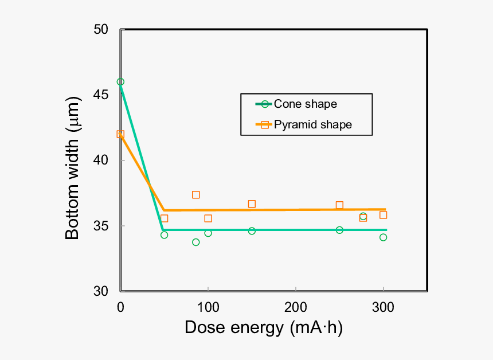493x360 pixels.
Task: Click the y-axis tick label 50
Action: pyautogui.click(x=101, y=29)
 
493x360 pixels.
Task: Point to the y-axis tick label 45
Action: pyautogui.click(x=101, y=95)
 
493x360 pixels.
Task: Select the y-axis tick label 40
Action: pyautogui.click(x=101, y=160)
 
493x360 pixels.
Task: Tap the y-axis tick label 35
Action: pyautogui.click(x=101, y=226)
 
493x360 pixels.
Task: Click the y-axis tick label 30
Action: pyautogui.click(x=101, y=291)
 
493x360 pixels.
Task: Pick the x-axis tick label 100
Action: pyautogui.click(x=208, y=308)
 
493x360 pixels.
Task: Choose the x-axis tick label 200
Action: pyautogui.click(x=296, y=308)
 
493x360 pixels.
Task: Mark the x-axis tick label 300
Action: pyautogui.click(x=383, y=308)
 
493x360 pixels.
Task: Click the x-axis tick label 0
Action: pyautogui.click(x=120, y=308)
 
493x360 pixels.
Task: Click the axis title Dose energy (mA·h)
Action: pyautogui.click(x=264, y=328)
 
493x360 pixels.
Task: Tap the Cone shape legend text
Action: pyautogui.click(x=305, y=104)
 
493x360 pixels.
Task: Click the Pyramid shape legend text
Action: pyautogui.click(x=312, y=124)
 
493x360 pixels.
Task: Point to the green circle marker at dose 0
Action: pyautogui.click(x=120, y=82)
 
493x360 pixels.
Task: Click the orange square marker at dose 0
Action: pyautogui.click(x=120, y=134)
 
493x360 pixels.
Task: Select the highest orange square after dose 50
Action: pyautogui.click(x=195, y=195)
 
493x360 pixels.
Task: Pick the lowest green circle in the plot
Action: pyautogui.click(x=195, y=242)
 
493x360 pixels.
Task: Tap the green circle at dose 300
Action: pyautogui.click(x=383, y=237)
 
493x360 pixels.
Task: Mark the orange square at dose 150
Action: pyautogui.click(x=252, y=204)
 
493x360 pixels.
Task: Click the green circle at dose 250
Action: pyautogui.click(x=339, y=230)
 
